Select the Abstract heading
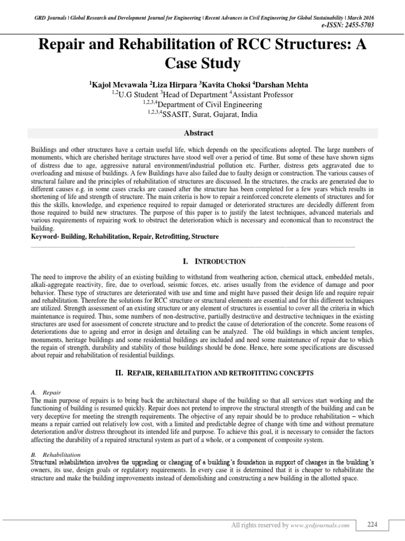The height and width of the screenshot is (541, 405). click(202, 133)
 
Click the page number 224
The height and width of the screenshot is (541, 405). click(372, 524)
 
